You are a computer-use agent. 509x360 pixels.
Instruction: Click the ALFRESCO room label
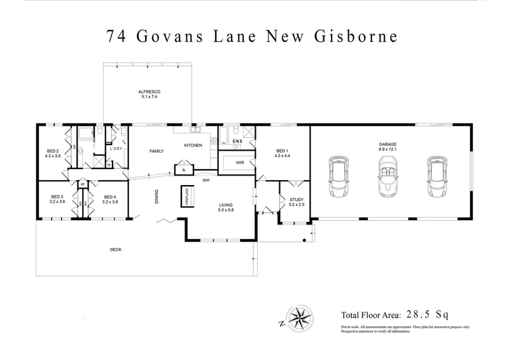point(148,92)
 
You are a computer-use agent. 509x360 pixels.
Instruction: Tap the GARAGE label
point(388,144)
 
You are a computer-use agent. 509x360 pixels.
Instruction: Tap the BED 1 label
point(282,151)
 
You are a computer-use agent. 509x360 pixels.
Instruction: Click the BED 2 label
point(52,151)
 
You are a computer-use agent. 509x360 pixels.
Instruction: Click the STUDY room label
point(296,200)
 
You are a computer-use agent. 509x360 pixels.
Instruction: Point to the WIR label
point(237,163)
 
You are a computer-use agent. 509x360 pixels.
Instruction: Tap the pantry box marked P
point(182,170)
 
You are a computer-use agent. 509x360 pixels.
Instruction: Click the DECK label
point(115,249)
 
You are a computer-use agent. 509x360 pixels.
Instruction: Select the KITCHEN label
point(193,145)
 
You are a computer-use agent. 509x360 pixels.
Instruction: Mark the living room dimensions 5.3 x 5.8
point(227,210)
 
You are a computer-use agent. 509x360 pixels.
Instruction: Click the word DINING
point(156,198)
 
